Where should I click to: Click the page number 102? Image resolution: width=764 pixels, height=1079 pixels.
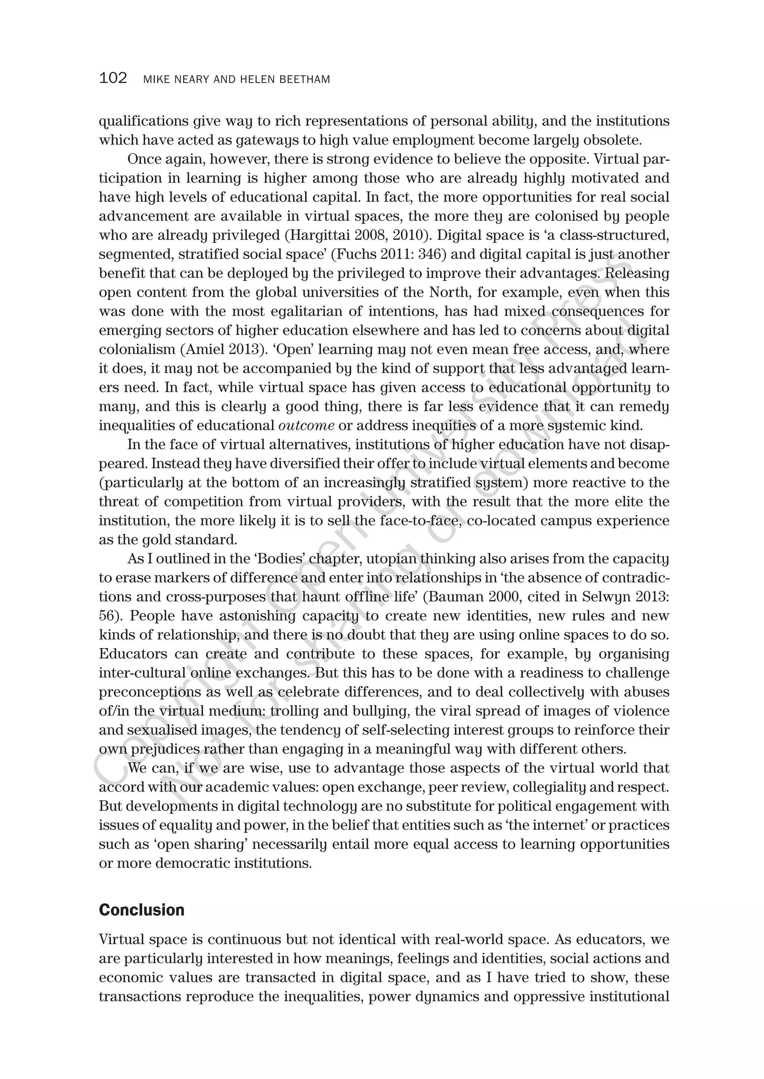[x=113, y=78]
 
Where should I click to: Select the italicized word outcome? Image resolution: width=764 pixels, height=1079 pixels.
[x=306, y=426]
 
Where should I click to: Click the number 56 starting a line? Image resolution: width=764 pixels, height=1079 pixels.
[x=108, y=616]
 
